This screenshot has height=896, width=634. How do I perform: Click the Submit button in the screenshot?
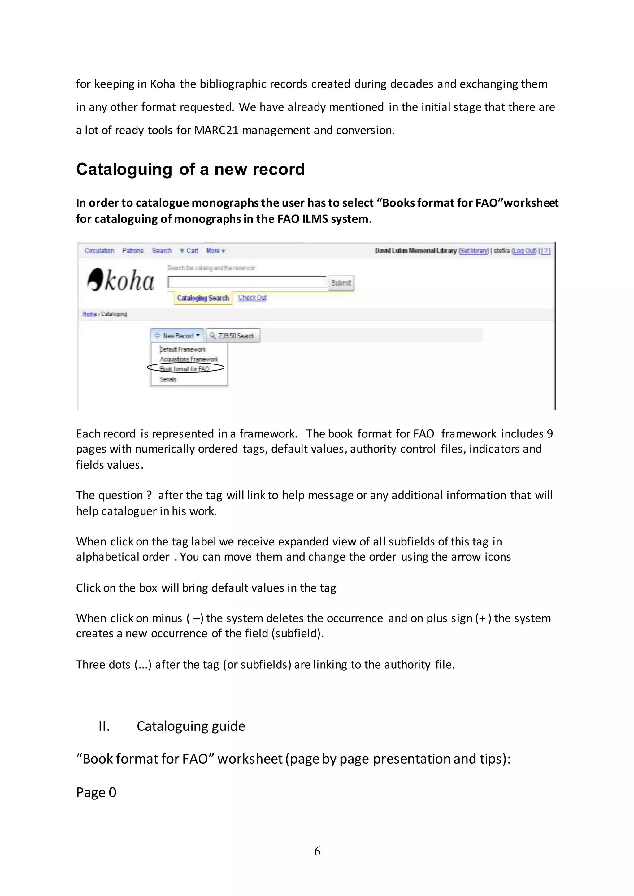tap(341, 283)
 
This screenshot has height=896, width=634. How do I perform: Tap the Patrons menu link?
tap(133, 251)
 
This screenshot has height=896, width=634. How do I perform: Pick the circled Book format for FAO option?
tap(185, 368)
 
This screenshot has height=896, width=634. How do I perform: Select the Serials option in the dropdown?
tap(168, 379)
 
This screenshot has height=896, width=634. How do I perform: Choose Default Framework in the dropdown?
tap(182, 349)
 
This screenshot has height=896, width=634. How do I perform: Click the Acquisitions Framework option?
tap(189, 359)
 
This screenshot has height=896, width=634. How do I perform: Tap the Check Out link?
tap(252, 297)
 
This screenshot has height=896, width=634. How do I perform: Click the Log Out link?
tap(524, 251)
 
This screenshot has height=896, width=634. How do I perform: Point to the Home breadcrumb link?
tap(89, 314)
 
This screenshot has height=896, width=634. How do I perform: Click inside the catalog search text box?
tap(247, 282)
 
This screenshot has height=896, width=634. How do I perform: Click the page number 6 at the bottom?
tap(317, 851)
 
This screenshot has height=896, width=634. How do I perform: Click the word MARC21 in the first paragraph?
tap(216, 130)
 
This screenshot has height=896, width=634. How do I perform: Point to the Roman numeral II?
tap(104, 726)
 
